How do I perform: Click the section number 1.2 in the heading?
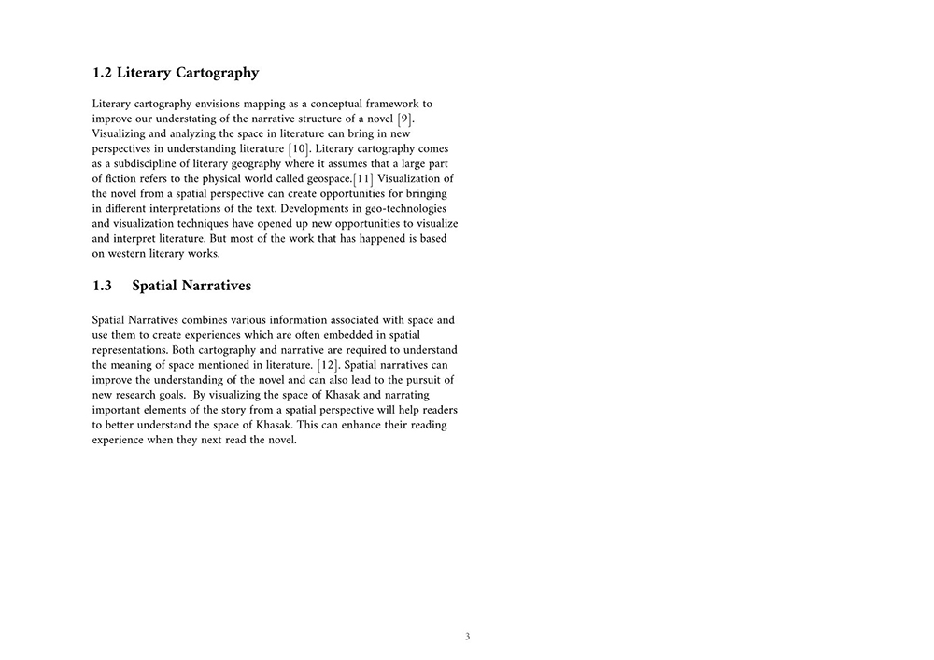(103, 73)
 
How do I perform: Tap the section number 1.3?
(103, 286)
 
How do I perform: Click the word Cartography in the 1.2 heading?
(214, 73)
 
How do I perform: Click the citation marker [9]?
(404, 119)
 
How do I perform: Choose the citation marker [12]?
(328, 365)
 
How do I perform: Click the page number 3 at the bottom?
(467, 638)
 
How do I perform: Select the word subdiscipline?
(149, 163)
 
